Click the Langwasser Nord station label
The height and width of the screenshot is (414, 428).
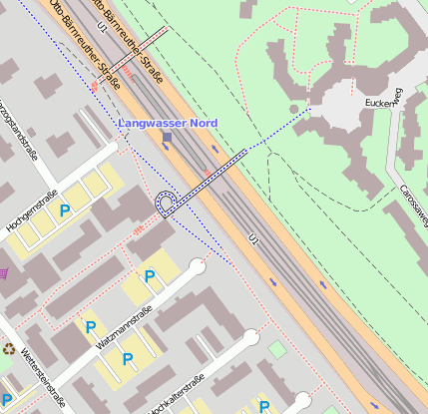coord(168,123)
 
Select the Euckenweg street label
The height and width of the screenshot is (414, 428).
coord(383,101)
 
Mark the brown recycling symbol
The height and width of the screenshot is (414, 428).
coord(10,349)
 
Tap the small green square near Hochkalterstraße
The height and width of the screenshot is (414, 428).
coord(275,349)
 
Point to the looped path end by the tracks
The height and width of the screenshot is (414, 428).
coord(167,204)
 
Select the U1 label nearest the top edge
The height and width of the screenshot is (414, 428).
coord(102,27)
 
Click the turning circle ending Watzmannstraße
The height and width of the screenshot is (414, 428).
coord(197,267)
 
